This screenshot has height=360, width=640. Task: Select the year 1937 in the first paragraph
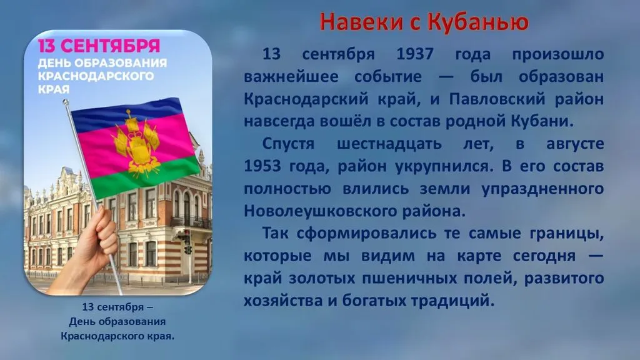[415, 54]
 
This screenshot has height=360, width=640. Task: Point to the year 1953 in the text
[262, 166]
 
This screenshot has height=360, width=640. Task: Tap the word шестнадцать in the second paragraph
[389, 144]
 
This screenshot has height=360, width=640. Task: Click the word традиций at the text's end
[452, 301]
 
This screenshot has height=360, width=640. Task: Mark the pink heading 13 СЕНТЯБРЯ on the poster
[99, 46]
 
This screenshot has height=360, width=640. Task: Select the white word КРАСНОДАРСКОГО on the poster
[96, 76]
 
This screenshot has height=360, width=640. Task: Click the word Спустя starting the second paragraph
[288, 144]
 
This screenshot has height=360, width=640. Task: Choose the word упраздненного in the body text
[542, 189]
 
